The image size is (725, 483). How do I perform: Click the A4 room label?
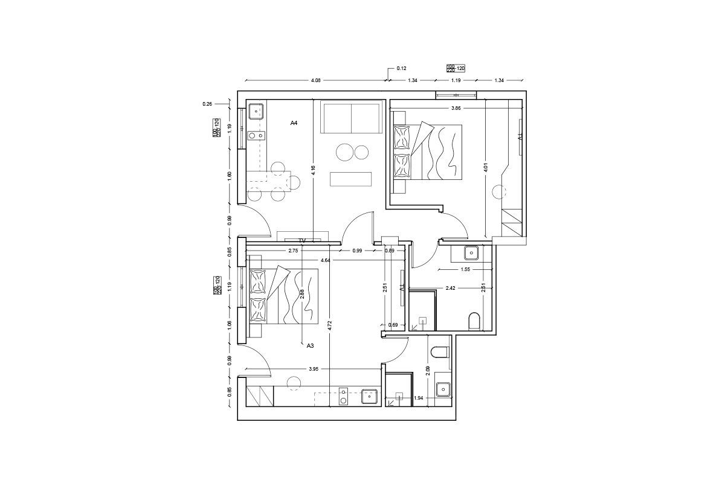[x=294, y=123]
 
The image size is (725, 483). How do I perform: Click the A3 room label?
[x=310, y=346]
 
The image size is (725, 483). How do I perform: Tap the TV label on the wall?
[x=303, y=240]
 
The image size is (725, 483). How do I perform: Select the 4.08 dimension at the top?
[x=315, y=80]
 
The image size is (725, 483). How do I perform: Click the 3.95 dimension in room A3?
[x=314, y=368]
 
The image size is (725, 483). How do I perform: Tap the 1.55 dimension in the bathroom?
[x=466, y=270]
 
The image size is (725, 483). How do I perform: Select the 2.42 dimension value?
[x=450, y=289]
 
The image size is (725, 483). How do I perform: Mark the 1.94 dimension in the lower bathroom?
[x=418, y=398]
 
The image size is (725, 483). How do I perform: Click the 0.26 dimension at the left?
[x=207, y=104]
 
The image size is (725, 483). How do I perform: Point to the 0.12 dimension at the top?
[x=401, y=69]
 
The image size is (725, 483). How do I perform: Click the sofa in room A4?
[x=352, y=118]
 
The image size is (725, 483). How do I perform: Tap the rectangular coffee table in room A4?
[x=350, y=179]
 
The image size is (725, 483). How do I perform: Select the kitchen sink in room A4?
[x=256, y=111]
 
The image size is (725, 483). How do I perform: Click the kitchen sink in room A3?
[x=369, y=396]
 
